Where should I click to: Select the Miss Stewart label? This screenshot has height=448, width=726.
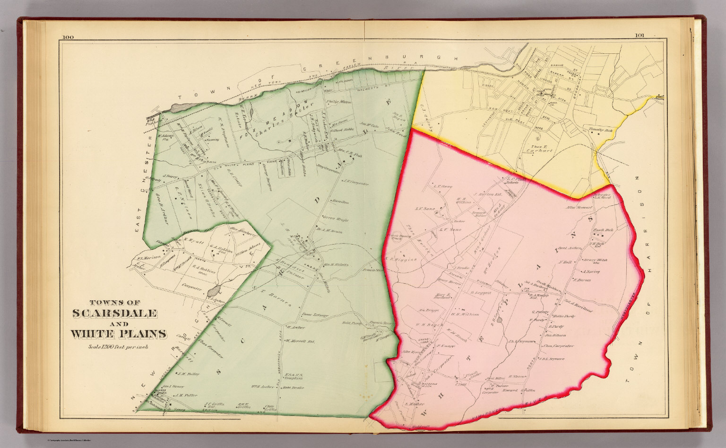[x=579, y=207]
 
